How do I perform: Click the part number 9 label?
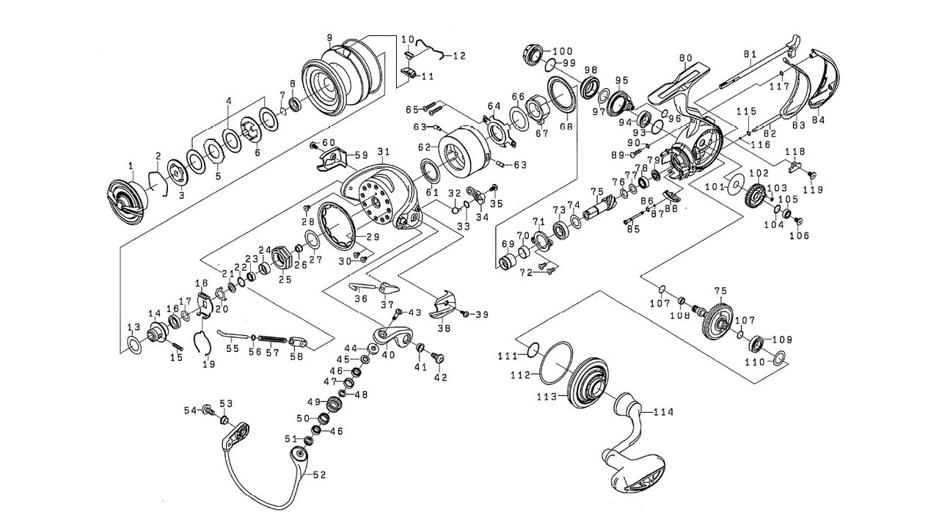click(329, 37)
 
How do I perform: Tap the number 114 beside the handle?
click(662, 412)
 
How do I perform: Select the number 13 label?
click(134, 327)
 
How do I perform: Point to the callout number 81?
click(749, 54)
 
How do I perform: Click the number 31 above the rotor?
click(381, 152)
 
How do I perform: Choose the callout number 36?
click(360, 298)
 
